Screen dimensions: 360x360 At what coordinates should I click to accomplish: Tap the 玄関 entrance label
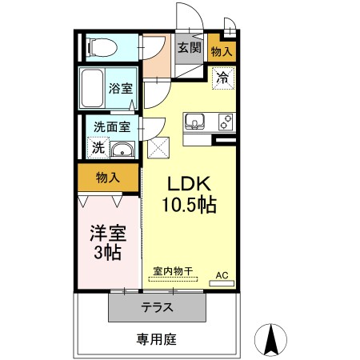click(x=189, y=48)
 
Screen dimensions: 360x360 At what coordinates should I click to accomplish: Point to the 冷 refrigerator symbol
click(x=222, y=79)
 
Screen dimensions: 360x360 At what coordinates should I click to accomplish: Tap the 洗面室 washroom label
click(x=110, y=126)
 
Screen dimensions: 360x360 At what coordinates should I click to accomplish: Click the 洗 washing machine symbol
click(x=97, y=148)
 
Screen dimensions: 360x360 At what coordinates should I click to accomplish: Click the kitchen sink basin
click(x=195, y=122)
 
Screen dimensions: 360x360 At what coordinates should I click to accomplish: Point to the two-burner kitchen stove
click(x=224, y=122)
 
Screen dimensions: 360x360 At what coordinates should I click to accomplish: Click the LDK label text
click(x=188, y=182)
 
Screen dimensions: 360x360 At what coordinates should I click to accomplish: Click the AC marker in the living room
click(x=222, y=275)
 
